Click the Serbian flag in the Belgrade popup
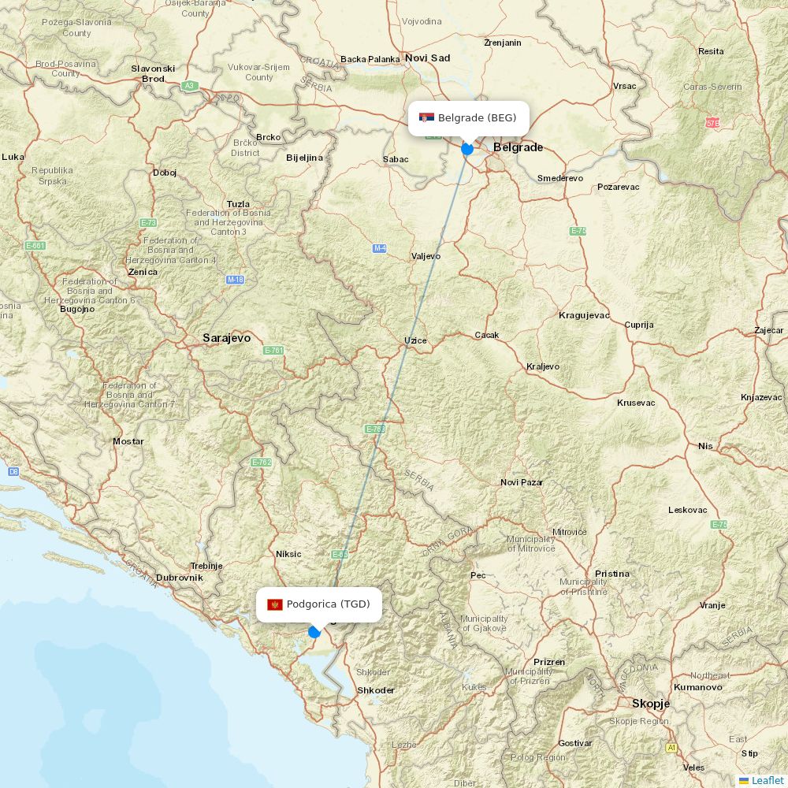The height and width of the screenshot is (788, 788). (x=426, y=118)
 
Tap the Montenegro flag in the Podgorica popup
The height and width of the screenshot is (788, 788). (x=275, y=604)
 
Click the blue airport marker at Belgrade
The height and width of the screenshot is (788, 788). (x=467, y=148)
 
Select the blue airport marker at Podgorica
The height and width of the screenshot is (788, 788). (x=314, y=631)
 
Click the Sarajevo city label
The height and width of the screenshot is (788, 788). (x=226, y=338)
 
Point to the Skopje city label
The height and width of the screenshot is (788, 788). (x=650, y=704)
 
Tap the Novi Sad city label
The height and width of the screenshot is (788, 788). (x=427, y=58)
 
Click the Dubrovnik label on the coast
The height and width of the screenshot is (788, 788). (x=179, y=578)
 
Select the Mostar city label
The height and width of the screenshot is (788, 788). (x=128, y=441)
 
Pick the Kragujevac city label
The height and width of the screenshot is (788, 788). (x=584, y=315)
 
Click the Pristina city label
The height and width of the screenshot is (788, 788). (x=611, y=574)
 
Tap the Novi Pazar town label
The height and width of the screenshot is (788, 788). (x=522, y=482)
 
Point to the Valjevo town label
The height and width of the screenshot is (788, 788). (x=426, y=256)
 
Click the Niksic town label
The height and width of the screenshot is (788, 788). (x=288, y=554)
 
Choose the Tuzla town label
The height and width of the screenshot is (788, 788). (x=238, y=203)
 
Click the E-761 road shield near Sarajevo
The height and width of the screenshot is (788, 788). (x=273, y=350)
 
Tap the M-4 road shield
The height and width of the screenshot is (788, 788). (x=380, y=248)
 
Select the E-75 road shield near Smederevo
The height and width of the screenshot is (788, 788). (x=578, y=231)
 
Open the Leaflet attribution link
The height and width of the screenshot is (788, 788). (x=767, y=780)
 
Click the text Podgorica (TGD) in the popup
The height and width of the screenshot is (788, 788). (x=328, y=604)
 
